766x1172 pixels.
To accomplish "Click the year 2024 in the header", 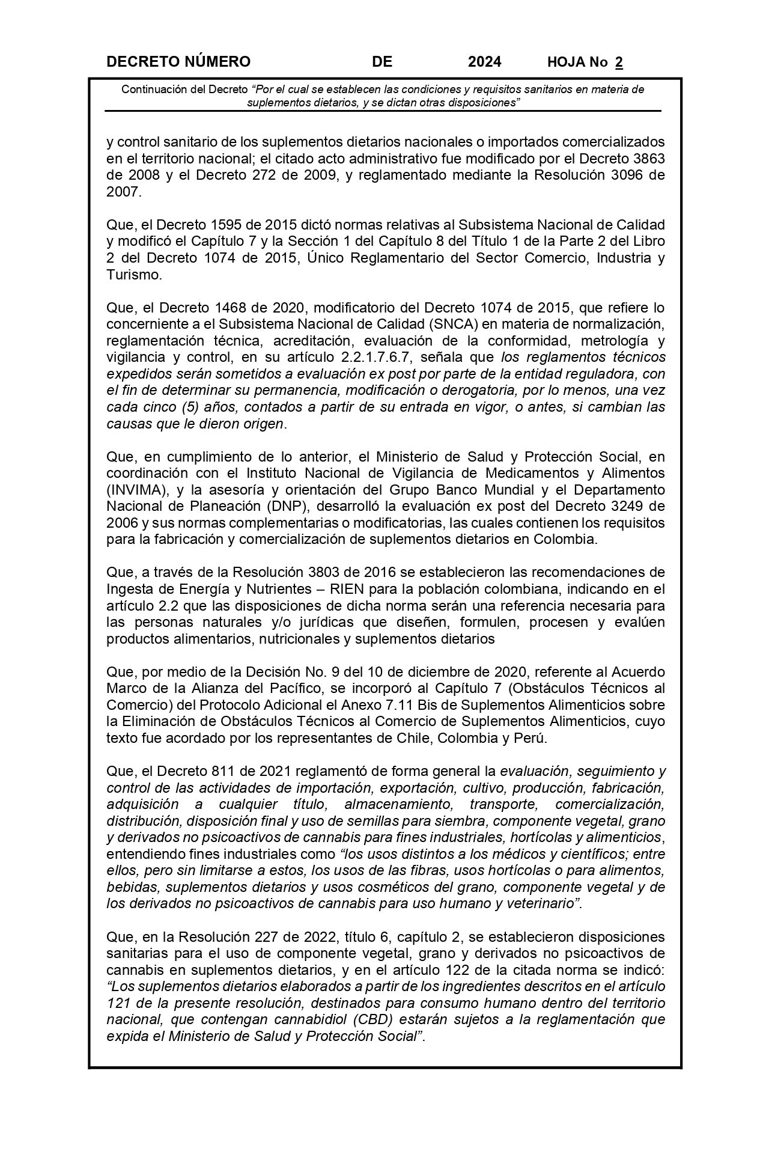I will click(x=484, y=62).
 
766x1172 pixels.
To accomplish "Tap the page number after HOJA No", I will click(x=619, y=62).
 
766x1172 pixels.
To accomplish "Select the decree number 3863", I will click(x=646, y=159).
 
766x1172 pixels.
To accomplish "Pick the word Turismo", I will click(x=134, y=275).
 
